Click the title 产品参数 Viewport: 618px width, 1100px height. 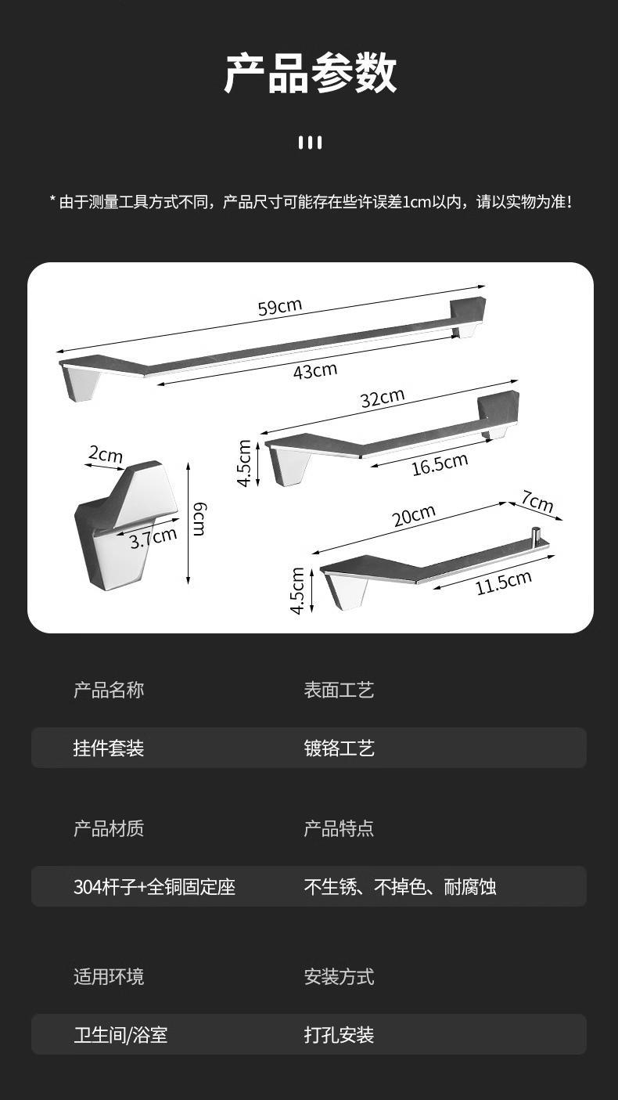point(310,74)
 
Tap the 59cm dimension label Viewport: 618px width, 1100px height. point(279,306)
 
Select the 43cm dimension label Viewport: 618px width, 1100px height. point(315,370)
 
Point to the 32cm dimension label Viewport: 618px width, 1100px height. point(383,397)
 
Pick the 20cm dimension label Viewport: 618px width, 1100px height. point(414,515)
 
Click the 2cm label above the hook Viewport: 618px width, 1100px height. point(105,454)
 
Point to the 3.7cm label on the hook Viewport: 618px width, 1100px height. point(153,538)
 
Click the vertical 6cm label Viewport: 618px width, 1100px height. point(199,520)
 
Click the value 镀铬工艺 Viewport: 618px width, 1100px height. point(340,748)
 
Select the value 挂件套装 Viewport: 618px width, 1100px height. point(109,748)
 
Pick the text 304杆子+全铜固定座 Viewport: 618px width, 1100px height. point(154,887)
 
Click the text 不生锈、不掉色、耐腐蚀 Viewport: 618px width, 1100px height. point(400,887)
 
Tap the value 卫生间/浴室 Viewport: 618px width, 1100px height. point(120,1035)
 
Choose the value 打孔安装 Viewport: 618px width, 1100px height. point(340,1035)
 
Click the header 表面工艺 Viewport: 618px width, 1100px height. point(340,690)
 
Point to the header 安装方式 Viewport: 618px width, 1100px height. point(340,976)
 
